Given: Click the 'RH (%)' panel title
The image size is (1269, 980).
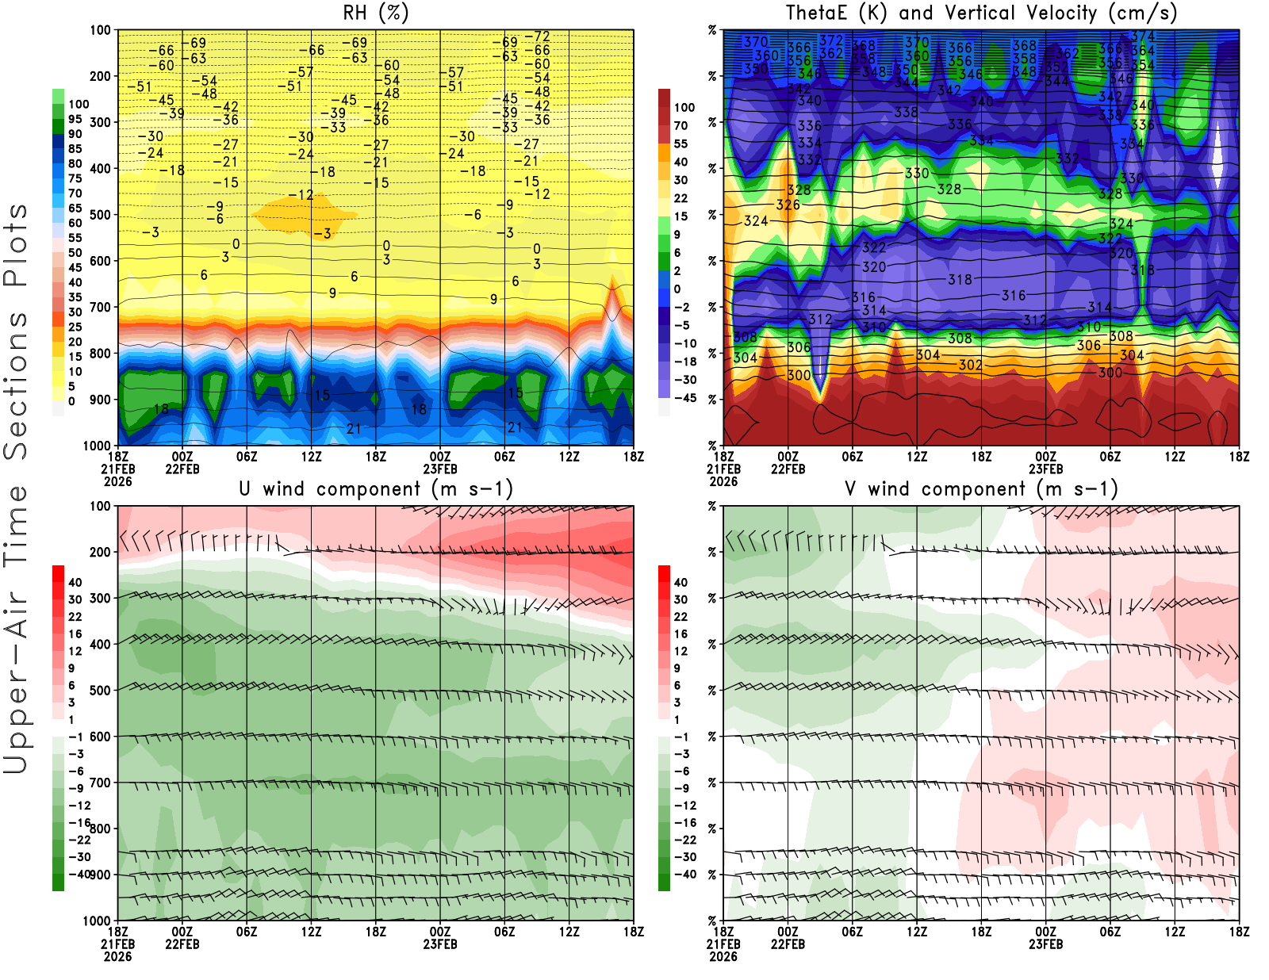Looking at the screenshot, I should [x=375, y=13].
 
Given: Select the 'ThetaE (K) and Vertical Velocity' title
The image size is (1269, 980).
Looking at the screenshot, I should [x=981, y=13].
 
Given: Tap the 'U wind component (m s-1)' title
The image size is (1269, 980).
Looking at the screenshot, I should [x=375, y=488].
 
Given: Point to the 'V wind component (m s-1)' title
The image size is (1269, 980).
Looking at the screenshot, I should [x=981, y=488].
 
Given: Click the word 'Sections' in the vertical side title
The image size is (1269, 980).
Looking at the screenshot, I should [x=16, y=385].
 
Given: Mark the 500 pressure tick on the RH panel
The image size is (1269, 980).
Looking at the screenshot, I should [x=100, y=215].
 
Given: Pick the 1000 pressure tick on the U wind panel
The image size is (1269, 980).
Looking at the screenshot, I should [x=97, y=921].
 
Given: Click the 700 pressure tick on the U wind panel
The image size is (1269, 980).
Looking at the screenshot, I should [x=100, y=783].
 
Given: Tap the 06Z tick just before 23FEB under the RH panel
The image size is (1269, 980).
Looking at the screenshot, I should [x=247, y=456].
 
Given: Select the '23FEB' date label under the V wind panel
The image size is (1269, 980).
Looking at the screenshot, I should [x=1045, y=944].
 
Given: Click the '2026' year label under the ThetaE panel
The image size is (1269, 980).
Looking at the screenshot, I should [x=723, y=481].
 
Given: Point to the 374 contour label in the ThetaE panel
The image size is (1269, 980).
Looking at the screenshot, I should [x=1142, y=36].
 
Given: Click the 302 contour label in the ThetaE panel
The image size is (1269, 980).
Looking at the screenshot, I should [x=970, y=365].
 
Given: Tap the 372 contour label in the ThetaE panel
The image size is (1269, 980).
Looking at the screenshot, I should [x=831, y=40].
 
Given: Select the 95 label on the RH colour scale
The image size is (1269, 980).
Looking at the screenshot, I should [x=75, y=119].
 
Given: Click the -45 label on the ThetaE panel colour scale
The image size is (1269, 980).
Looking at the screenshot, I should [x=684, y=398].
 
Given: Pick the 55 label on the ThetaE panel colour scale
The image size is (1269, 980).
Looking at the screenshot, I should [x=681, y=144].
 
